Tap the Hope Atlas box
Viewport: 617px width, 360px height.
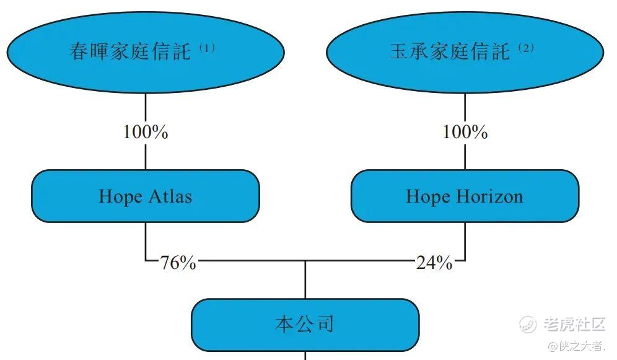(145, 196)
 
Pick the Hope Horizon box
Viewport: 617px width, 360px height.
(465, 196)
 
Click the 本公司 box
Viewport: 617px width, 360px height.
(305, 324)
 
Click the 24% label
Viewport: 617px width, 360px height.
(434, 263)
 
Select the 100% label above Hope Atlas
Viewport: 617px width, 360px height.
(145, 132)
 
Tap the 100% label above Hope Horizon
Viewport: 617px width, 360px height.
(465, 132)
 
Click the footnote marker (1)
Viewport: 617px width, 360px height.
(207, 48)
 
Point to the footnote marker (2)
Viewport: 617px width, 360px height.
(525, 48)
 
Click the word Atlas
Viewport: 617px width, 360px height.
(169, 196)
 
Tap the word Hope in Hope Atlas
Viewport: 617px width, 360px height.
(121, 197)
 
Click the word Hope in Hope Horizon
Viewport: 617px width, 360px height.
(428, 197)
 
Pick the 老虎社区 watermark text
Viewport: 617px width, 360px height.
(574, 323)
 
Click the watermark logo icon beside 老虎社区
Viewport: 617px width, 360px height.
(528, 323)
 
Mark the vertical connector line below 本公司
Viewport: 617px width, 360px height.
(305, 356)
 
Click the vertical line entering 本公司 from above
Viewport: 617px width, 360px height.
(305, 280)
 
